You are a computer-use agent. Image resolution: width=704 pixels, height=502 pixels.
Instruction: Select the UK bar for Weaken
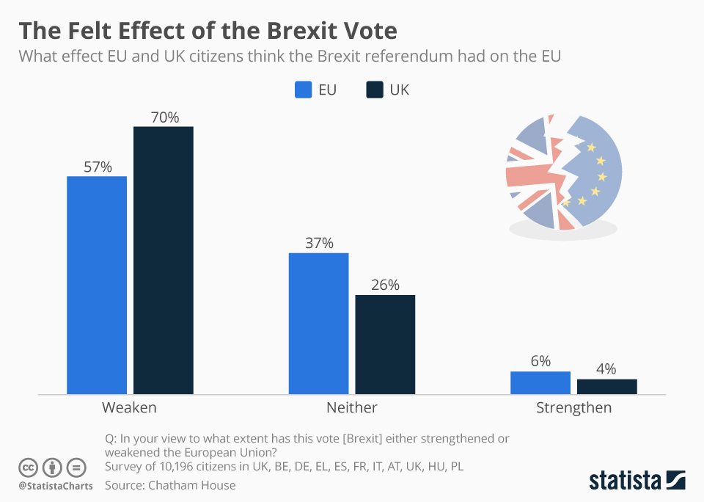(x=163, y=261)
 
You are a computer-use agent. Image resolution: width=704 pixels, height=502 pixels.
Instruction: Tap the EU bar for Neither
(x=318, y=324)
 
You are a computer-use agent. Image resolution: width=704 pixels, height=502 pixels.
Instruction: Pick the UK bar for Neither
(x=385, y=344)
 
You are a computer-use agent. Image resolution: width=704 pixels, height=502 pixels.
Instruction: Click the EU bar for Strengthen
(x=540, y=382)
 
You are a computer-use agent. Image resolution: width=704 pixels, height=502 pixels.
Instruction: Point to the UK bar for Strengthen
(x=606, y=386)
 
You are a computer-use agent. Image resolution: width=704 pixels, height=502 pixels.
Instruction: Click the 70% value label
(x=165, y=117)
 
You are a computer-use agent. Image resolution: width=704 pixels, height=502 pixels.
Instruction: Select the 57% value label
(x=98, y=167)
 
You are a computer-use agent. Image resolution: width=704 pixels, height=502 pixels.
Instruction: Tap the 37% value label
(x=319, y=243)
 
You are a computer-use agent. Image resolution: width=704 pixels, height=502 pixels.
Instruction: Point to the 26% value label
(x=385, y=285)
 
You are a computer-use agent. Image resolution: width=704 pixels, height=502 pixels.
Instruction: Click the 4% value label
(x=606, y=368)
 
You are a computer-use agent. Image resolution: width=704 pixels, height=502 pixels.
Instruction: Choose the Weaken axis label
(x=129, y=407)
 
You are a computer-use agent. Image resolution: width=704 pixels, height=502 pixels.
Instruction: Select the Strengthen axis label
(x=573, y=407)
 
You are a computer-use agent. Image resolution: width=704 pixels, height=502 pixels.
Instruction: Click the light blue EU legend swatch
(x=304, y=90)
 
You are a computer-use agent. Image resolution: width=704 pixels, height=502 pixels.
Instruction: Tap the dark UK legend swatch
(x=374, y=90)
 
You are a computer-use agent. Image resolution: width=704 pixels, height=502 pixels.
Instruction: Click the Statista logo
(x=637, y=481)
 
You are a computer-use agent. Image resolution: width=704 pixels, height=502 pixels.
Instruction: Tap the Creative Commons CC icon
(x=28, y=467)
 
